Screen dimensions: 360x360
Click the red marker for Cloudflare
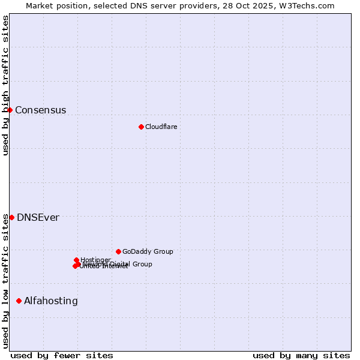point(141,127)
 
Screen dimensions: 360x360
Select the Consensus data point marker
point(10,110)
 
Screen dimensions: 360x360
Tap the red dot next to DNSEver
point(11,217)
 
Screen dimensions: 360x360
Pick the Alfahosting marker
point(19,301)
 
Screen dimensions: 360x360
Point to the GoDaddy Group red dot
point(118,251)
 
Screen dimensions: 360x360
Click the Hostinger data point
point(76,260)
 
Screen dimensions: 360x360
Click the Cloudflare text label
point(161,127)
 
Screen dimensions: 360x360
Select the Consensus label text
point(40,110)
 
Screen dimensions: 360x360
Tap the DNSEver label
point(38,217)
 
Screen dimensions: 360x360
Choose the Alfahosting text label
point(50,301)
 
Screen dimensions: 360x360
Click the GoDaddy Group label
point(147,251)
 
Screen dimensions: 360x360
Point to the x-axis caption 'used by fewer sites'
point(62,355)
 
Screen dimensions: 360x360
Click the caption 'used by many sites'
point(301,355)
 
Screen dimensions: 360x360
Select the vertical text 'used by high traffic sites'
point(5,85)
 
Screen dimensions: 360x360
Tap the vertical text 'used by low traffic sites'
point(5,280)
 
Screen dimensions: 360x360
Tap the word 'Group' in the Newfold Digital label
point(142,264)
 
